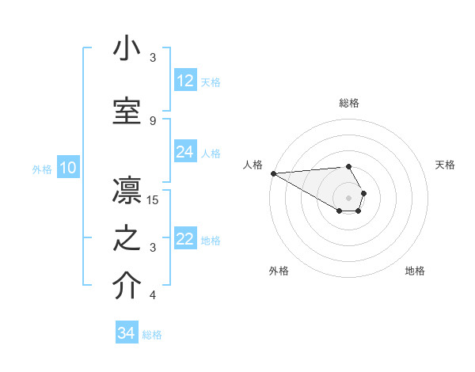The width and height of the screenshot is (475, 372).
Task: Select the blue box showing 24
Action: (x=185, y=152)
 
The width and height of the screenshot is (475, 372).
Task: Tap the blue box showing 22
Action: (x=185, y=239)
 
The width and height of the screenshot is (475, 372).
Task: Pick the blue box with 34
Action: (x=127, y=333)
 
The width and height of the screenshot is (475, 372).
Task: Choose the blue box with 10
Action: (x=67, y=168)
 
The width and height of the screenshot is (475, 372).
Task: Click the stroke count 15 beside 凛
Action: (x=153, y=199)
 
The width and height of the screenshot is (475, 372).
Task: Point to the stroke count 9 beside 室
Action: (x=153, y=120)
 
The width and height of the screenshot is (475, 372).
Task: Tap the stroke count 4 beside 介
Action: (x=153, y=296)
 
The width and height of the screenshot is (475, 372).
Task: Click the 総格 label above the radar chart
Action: (x=348, y=103)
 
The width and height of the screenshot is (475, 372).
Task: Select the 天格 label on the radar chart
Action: (x=445, y=165)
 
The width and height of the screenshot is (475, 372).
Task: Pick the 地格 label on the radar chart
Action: (x=415, y=271)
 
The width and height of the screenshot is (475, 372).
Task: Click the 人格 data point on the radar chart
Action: (x=273, y=173)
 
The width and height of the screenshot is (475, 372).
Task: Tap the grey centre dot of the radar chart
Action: (x=348, y=197)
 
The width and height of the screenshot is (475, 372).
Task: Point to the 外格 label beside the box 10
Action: (x=41, y=169)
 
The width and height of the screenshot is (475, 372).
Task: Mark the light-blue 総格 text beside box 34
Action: (x=152, y=335)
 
